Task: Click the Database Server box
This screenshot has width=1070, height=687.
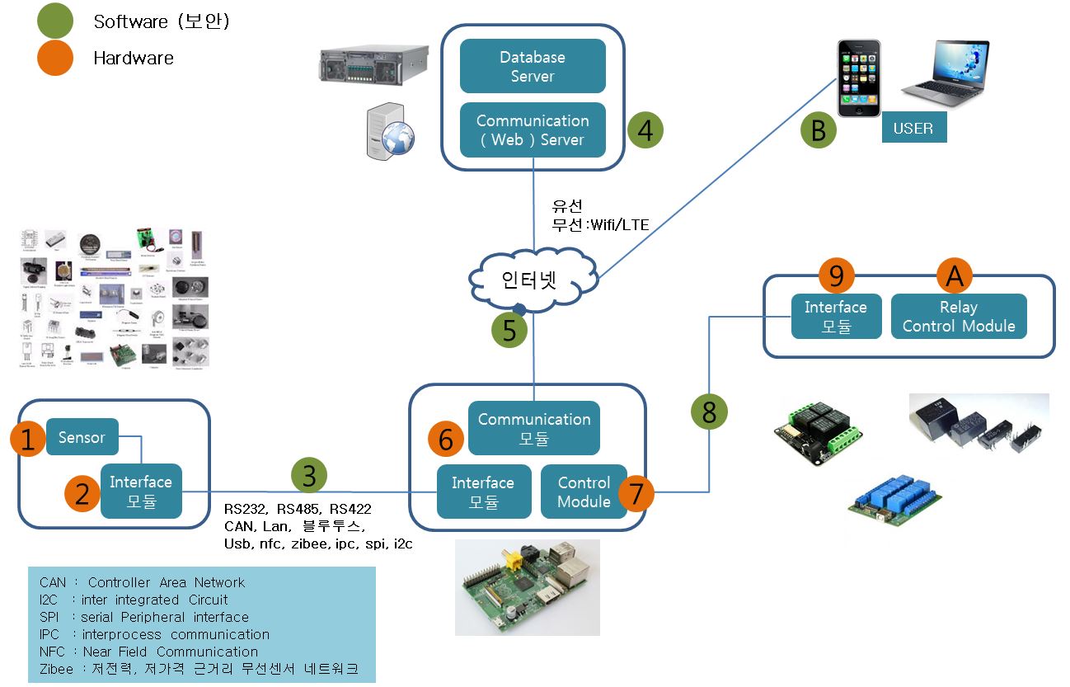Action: [x=533, y=67]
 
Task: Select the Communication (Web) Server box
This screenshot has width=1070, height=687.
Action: [x=533, y=130]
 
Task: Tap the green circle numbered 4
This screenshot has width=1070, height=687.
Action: [x=645, y=130]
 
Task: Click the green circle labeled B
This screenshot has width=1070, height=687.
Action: [x=819, y=131]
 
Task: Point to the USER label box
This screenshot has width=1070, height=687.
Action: [x=913, y=129]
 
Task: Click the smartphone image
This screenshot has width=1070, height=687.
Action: [x=859, y=78]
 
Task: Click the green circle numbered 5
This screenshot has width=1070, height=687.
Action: [x=509, y=330]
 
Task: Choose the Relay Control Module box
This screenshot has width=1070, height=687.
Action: [x=959, y=317]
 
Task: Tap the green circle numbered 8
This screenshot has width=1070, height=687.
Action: [x=710, y=410]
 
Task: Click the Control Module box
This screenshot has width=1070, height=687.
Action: [x=584, y=492]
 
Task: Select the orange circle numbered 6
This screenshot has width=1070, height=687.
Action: [x=446, y=440]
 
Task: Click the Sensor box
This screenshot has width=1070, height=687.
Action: [x=82, y=437]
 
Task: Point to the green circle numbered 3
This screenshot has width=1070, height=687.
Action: [x=309, y=475]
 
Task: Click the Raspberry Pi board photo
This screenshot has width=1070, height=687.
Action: [x=528, y=587]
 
